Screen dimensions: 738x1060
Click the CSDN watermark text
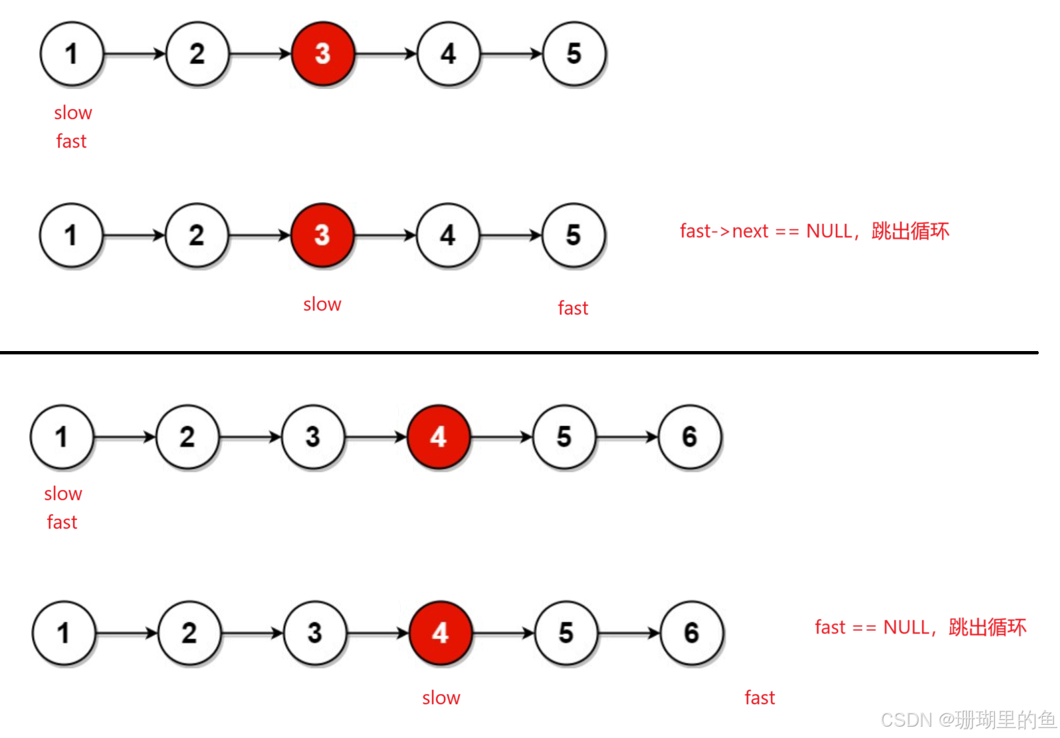(967, 719)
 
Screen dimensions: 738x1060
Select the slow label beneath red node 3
(322, 305)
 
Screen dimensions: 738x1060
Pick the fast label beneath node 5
(573, 308)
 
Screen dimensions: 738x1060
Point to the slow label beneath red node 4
(441, 697)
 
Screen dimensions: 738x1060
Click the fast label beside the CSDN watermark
(760, 697)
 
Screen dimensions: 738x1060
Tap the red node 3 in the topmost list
(323, 54)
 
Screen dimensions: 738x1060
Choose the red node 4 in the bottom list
(440, 633)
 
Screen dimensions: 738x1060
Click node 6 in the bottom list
(692, 633)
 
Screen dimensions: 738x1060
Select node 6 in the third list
(690, 437)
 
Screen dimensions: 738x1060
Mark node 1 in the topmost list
(72, 54)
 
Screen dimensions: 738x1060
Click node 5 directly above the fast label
(574, 235)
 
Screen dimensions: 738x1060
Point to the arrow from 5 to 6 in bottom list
(629, 633)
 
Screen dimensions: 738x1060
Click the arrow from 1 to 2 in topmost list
(135, 53)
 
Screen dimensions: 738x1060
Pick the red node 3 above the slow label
(322, 235)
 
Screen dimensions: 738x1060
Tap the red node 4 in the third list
(438, 437)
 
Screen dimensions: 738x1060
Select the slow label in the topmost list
(73, 113)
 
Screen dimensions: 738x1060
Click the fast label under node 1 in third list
(62, 523)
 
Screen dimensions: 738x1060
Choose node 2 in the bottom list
(190, 633)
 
